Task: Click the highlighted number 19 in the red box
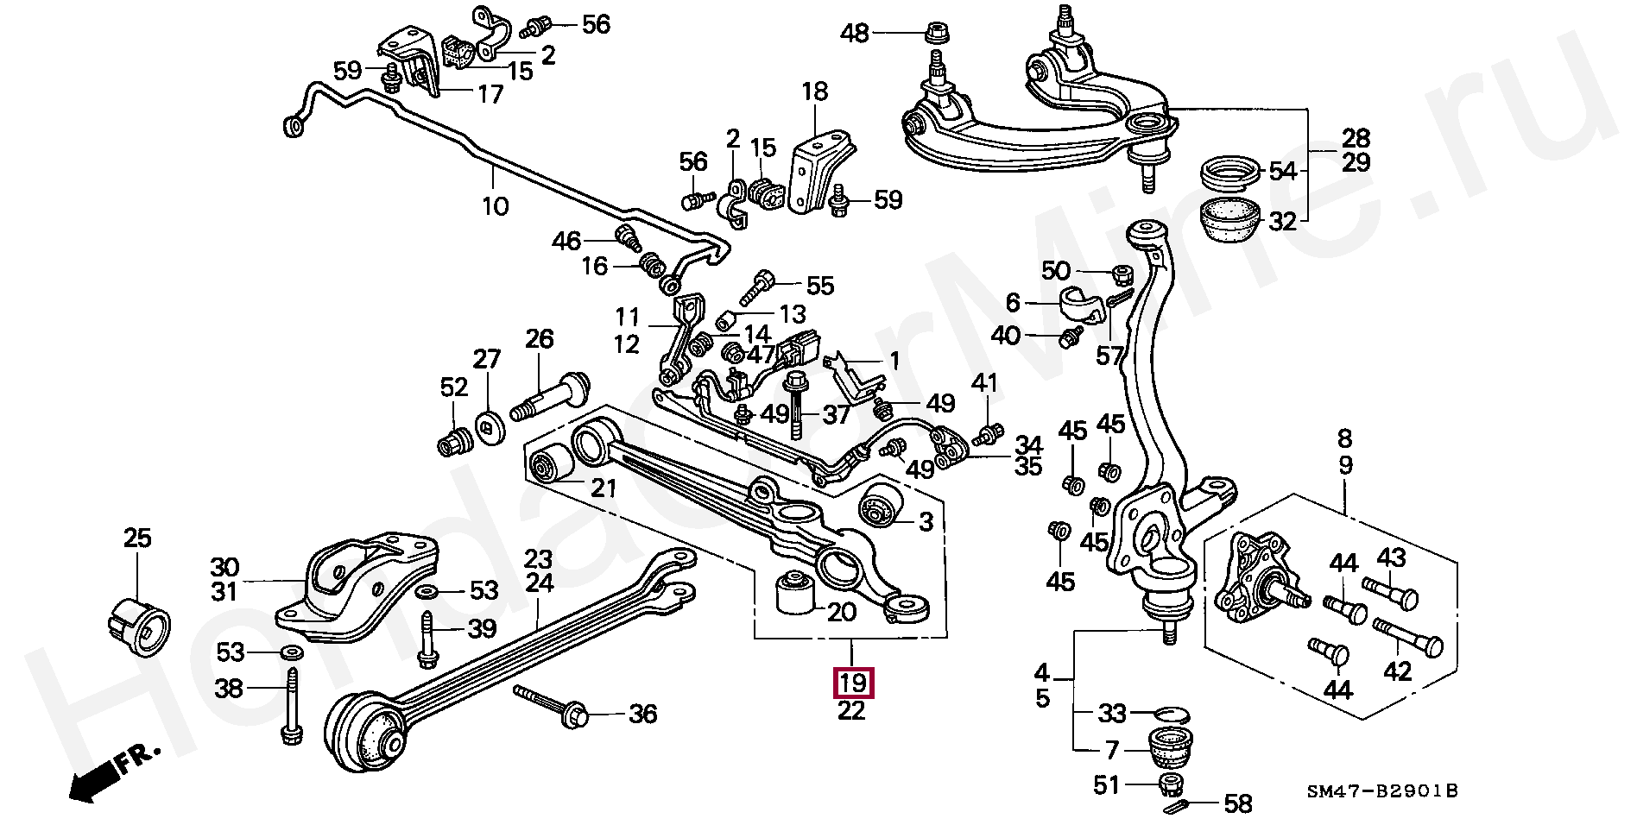coord(852,683)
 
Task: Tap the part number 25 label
coord(137,538)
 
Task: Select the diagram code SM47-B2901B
coord(1381,790)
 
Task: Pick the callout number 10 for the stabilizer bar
coord(496,206)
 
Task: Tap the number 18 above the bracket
coord(814,91)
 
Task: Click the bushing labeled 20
coord(794,592)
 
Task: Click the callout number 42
coord(1398,671)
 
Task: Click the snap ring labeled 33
coord(1172,713)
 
